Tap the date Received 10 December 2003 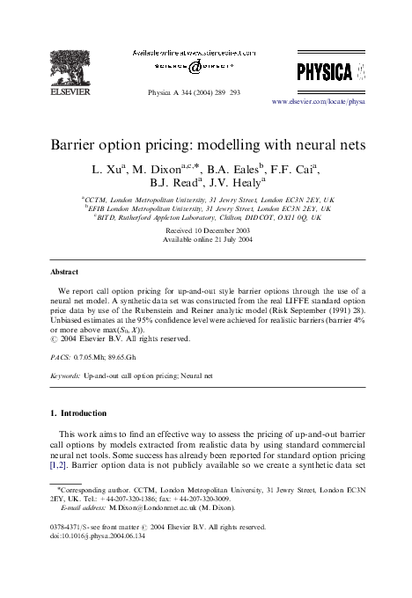pos(207,229)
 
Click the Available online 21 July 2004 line pos(207,238)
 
